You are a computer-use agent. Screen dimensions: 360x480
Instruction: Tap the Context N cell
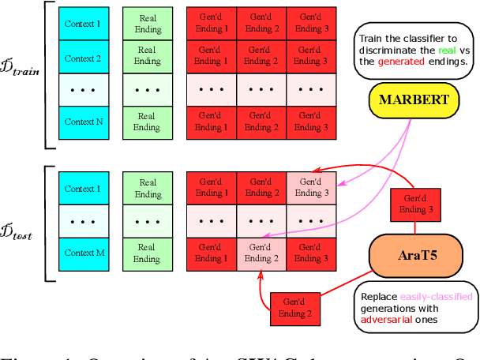[83, 122]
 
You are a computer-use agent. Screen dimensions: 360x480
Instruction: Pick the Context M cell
[83, 253]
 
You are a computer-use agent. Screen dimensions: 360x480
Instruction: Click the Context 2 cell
[83, 58]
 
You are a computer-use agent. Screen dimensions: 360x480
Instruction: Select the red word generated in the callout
[401, 62]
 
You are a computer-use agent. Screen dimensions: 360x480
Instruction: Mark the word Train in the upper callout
[372, 38]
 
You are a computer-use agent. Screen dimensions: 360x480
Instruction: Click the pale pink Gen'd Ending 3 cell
[311, 188]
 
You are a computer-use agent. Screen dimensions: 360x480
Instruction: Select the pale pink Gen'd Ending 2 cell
[261, 253]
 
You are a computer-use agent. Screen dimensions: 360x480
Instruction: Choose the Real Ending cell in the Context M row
[148, 253]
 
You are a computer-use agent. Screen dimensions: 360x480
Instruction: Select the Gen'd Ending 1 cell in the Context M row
[210, 253]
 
